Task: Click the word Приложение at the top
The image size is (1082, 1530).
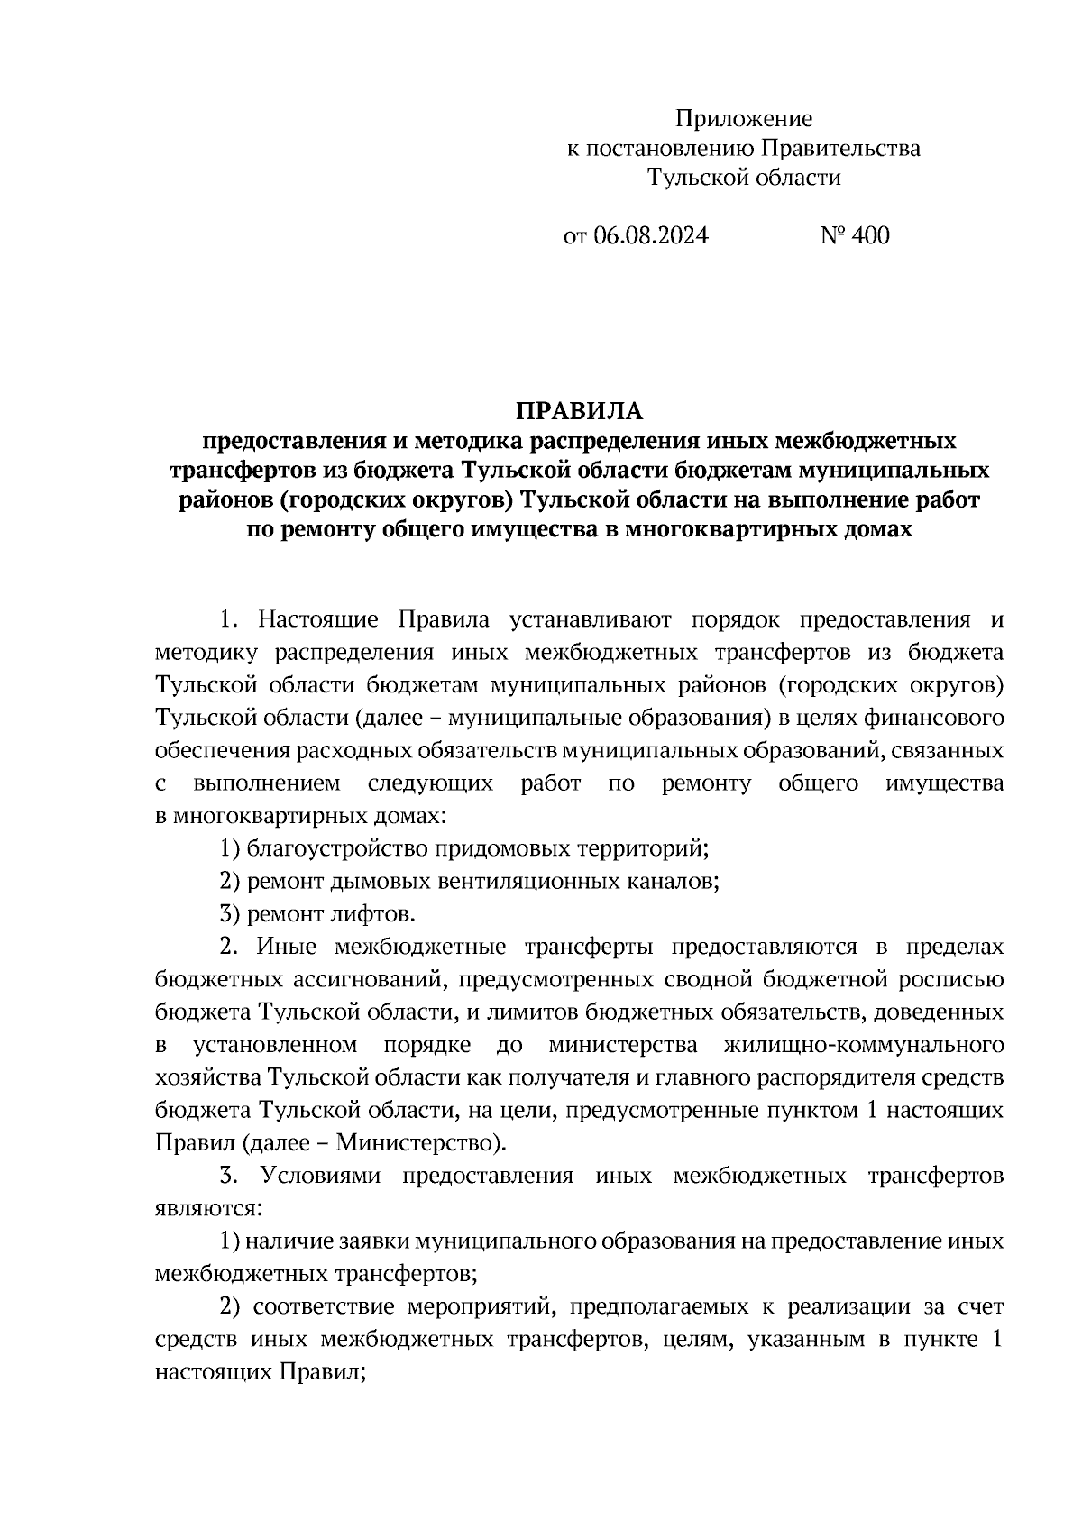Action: [x=745, y=119]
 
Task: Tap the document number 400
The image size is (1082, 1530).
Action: [x=869, y=236]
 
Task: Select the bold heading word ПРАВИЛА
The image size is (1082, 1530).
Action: [x=580, y=412]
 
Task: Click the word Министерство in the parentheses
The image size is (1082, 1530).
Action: [x=417, y=1144]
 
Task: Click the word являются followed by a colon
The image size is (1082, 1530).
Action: [x=206, y=1209]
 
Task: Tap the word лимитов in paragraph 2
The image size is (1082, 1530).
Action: [x=527, y=1012]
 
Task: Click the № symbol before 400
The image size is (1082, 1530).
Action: [x=831, y=236]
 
